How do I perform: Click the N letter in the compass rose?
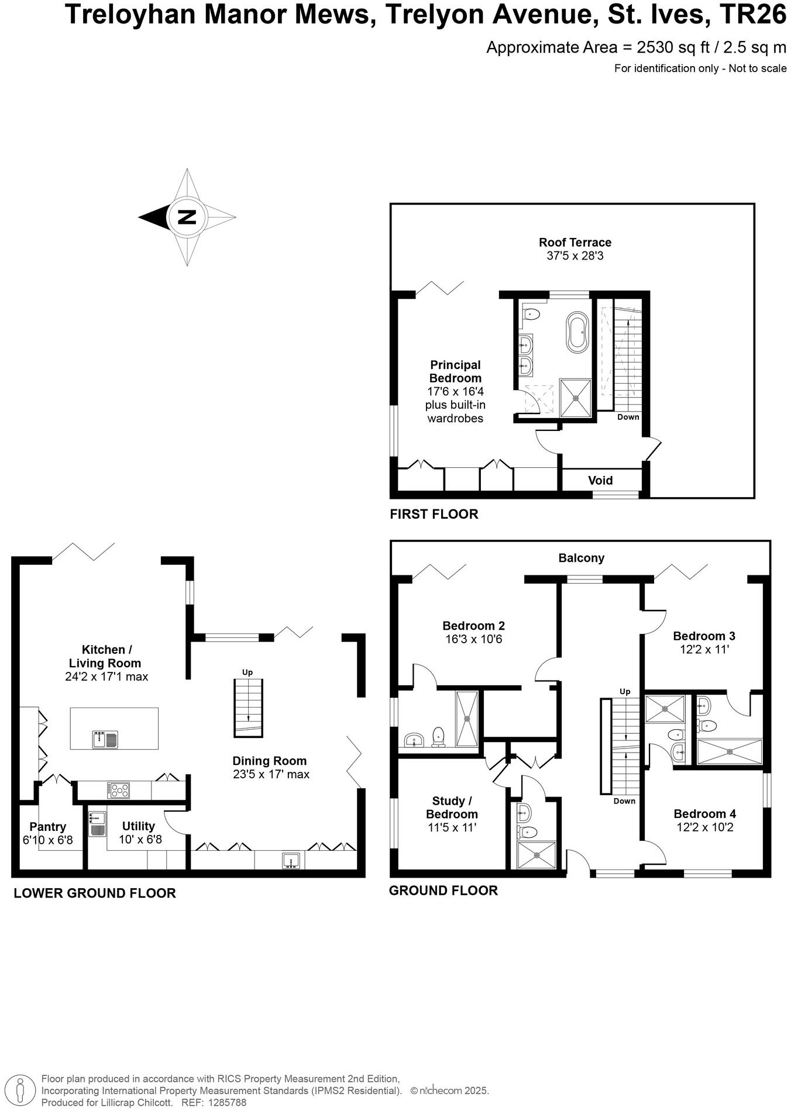[187, 218]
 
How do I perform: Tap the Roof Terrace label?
[575, 242]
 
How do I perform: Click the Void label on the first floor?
[600, 480]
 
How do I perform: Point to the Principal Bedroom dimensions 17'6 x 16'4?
[455, 391]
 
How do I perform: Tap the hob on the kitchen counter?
[119, 791]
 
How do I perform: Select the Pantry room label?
[48, 827]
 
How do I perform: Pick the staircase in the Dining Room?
[248, 707]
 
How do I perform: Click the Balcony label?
[581, 558]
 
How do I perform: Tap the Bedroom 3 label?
[704, 636]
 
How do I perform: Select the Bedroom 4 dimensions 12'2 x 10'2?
[704, 827]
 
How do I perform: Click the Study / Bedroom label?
[452, 807]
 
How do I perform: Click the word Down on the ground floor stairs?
[624, 801]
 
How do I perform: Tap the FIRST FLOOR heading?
[434, 514]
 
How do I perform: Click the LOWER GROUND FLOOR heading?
[94, 893]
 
